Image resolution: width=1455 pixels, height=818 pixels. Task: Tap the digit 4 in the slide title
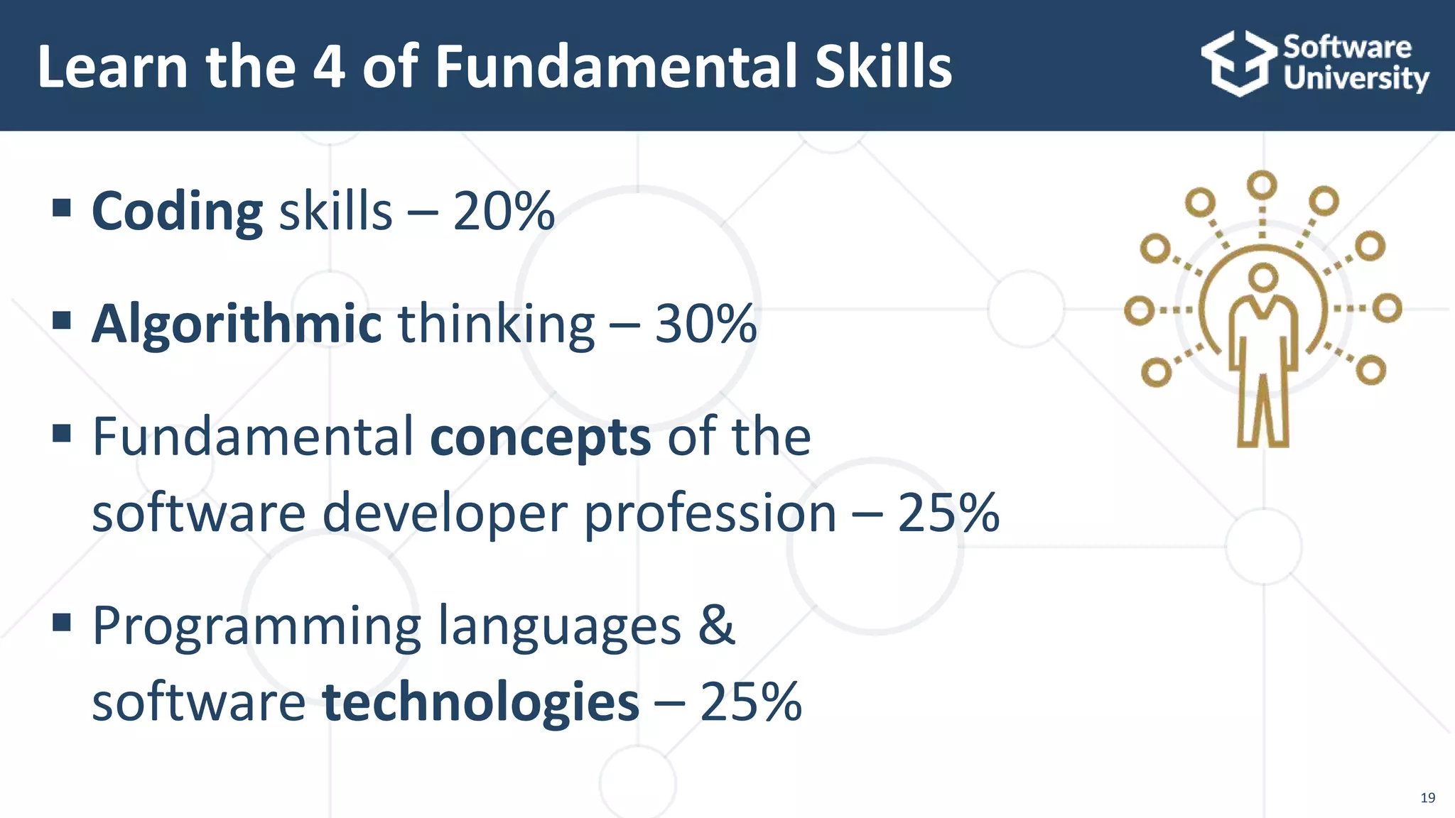click(x=330, y=67)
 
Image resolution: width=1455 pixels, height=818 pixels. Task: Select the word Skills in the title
click(x=882, y=67)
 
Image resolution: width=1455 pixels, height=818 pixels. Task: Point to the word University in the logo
click(x=1356, y=79)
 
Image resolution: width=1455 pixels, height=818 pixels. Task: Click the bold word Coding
click(x=177, y=212)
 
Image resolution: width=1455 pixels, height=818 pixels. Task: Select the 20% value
click(x=503, y=212)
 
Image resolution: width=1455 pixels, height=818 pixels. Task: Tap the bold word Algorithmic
click(x=237, y=325)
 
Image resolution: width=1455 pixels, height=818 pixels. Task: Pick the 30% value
click(x=705, y=325)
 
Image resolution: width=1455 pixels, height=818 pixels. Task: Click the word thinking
click(x=496, y=325)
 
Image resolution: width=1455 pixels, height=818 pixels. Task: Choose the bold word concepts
click(x=540, y=437)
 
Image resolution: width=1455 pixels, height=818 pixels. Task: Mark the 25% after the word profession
click(x=948, y=513)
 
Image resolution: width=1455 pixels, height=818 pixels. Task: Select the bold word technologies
click(x=480, y=702)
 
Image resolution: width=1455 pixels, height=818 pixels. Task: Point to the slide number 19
click(x=1427, y=797)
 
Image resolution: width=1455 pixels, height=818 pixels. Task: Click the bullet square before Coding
click(x=62, y=208)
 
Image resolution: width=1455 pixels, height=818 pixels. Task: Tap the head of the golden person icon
click(x=1262, y=277)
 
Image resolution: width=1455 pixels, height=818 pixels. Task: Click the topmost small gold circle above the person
click(x=1262, y=185)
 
